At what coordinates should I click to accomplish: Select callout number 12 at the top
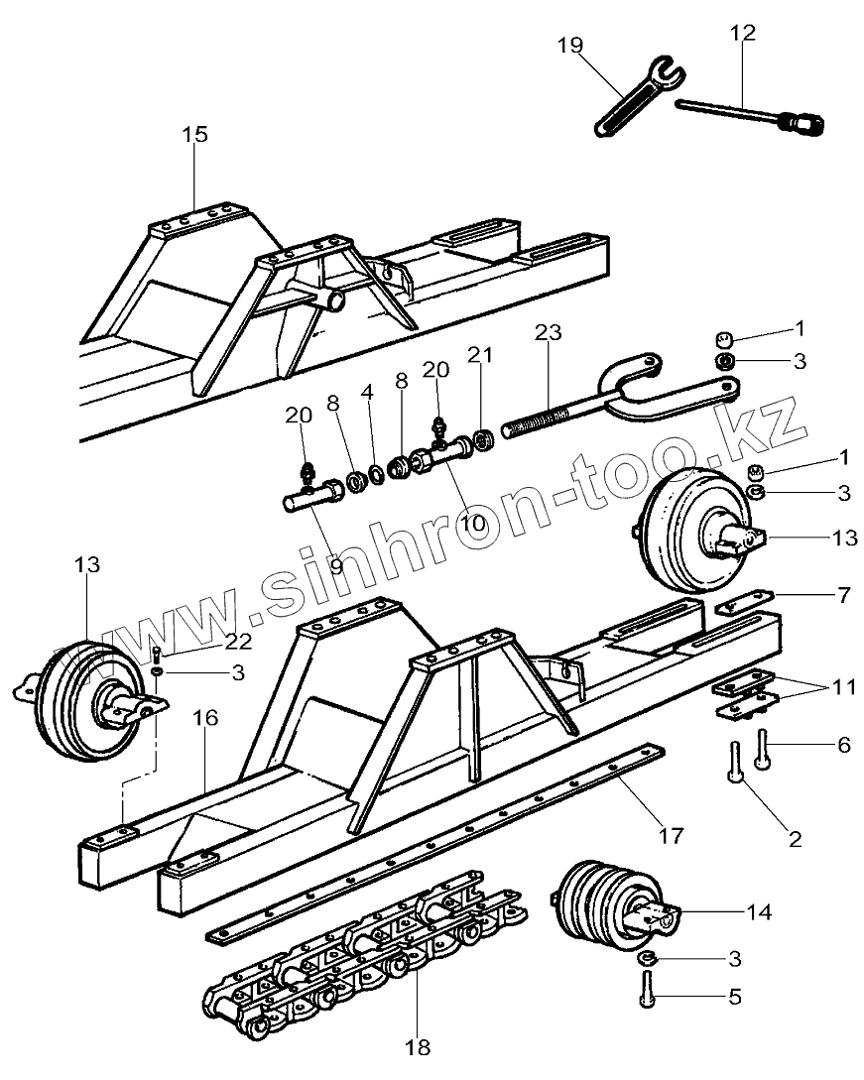click(742, 33)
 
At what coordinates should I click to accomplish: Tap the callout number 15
click(195, 134)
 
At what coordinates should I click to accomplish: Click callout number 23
click(548, 333)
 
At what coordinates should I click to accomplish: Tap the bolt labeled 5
click(646, 989)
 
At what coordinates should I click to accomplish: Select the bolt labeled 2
click(737, 764)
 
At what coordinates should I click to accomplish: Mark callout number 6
click(843, 744)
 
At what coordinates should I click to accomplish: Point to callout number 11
click(843, 685)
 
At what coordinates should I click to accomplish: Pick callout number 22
click(238, 642)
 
